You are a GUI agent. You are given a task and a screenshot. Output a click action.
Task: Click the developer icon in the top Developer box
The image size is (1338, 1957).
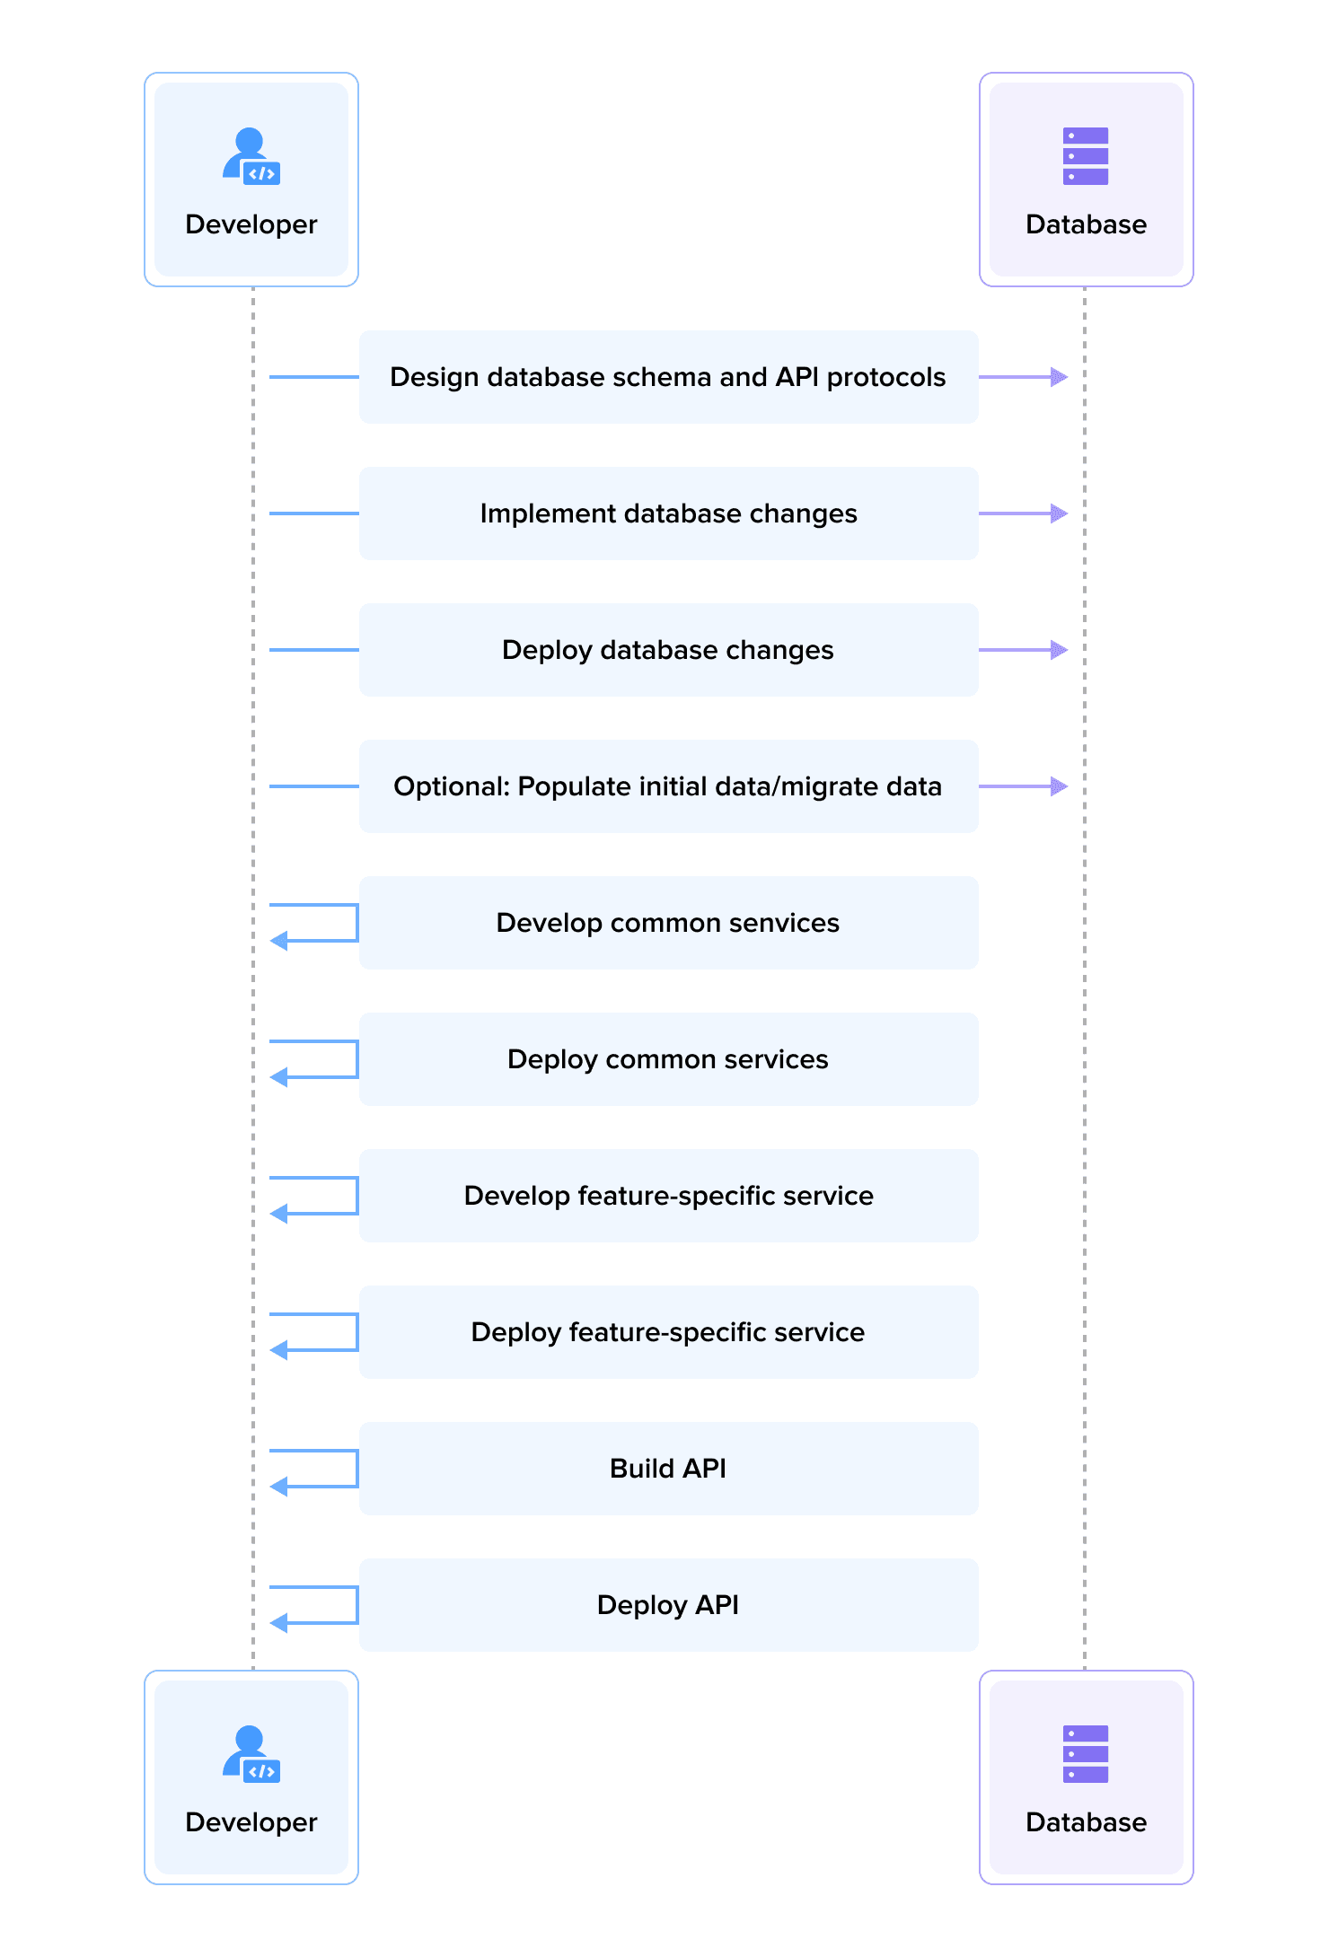click(x=251, y=156)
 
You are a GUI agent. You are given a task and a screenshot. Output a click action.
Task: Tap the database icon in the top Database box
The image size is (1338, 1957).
click(x=1085, y=156)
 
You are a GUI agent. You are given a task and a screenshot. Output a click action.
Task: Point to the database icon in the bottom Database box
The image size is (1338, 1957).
click(x=1085, y=1753)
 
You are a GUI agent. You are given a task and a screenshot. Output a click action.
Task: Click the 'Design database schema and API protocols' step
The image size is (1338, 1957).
click(x=668, y=377)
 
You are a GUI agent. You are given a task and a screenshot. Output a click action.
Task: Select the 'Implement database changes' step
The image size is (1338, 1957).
click(x=668, y=513)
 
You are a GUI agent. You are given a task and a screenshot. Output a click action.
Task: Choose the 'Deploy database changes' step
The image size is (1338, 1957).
click(x=668, y=650)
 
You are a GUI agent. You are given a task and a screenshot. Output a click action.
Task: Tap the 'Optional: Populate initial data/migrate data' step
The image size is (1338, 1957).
click(x=668, y=786)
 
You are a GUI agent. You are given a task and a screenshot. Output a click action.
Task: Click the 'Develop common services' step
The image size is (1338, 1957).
click(x=668, y=923)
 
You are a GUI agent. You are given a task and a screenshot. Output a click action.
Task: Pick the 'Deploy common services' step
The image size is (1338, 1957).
click(x=668, y=1059)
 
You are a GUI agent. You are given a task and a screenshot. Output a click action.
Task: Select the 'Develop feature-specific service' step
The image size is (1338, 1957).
click(x=668, y=1196)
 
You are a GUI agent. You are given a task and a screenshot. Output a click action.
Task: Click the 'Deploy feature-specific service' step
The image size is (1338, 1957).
click(x=668, y=1332)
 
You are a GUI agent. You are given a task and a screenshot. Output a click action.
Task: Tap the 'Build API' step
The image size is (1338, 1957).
click(x=668, y=1469)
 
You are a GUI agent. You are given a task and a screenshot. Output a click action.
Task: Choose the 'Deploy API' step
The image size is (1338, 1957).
click(x=668, y=1605)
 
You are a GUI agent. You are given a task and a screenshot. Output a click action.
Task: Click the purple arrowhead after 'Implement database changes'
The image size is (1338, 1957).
click(x=1060, y=513)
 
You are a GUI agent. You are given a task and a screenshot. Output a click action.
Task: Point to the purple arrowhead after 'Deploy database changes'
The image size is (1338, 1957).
click(x=1060, y=650)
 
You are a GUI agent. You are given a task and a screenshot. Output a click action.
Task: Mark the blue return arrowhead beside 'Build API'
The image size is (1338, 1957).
click(x=279, y=1487)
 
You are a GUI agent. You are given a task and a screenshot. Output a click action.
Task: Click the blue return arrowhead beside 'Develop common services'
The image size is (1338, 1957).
click(x=279, y=941)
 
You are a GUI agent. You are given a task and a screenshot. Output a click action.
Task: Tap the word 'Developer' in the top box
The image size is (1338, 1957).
click(x=251, y=224)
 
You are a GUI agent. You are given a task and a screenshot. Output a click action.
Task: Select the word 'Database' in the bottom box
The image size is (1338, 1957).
click(x=1086, y=1822)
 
